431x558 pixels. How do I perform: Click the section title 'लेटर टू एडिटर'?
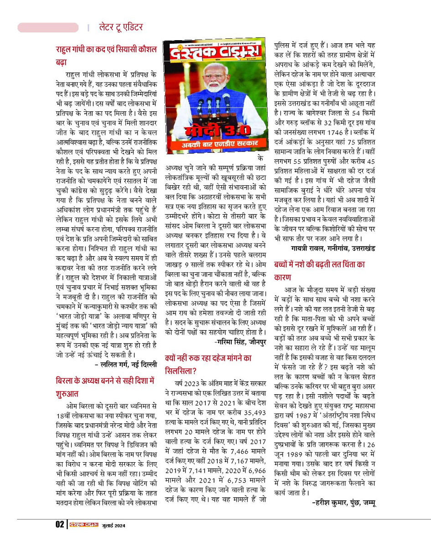(x=121, y=27)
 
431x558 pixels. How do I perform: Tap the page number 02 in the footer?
(x=60, y=524)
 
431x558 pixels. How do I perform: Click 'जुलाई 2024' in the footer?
(x=114, y=524)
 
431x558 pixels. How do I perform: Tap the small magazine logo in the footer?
(x=83, y=524)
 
